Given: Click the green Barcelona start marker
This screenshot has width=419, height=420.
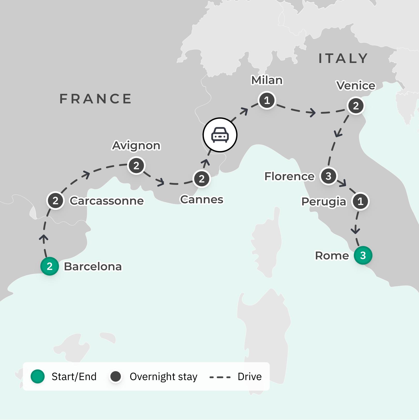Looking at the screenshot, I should click(50, 266).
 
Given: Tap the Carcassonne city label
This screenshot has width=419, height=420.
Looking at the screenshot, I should click(107, 201).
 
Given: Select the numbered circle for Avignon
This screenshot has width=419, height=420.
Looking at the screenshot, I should click(136, 166).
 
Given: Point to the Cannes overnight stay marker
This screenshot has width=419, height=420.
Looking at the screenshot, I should click(202, 179).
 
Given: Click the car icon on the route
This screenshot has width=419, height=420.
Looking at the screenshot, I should click(220, 135).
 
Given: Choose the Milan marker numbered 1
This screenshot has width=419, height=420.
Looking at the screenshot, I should click(267, 100).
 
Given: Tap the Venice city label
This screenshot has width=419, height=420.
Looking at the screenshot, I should click(356, 86).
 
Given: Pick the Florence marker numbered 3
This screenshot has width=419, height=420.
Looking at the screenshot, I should click(328, 176).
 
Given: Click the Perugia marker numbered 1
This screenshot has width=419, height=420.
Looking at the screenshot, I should click(360, 201).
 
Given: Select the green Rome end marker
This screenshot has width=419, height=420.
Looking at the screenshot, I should click(363, 255).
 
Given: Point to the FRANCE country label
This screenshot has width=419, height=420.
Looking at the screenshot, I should click(96, 99).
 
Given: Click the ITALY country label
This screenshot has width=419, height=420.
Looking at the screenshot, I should click(343, 58).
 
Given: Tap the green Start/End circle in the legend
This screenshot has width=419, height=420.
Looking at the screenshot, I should click(38, 376).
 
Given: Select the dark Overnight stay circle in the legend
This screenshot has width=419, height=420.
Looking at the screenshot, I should click(116, 376).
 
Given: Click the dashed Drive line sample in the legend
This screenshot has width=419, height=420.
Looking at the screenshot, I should click(220, 377).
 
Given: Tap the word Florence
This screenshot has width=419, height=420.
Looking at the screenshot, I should click(289, 176).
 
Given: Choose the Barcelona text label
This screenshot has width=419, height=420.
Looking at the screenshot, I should click(93, 267).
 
